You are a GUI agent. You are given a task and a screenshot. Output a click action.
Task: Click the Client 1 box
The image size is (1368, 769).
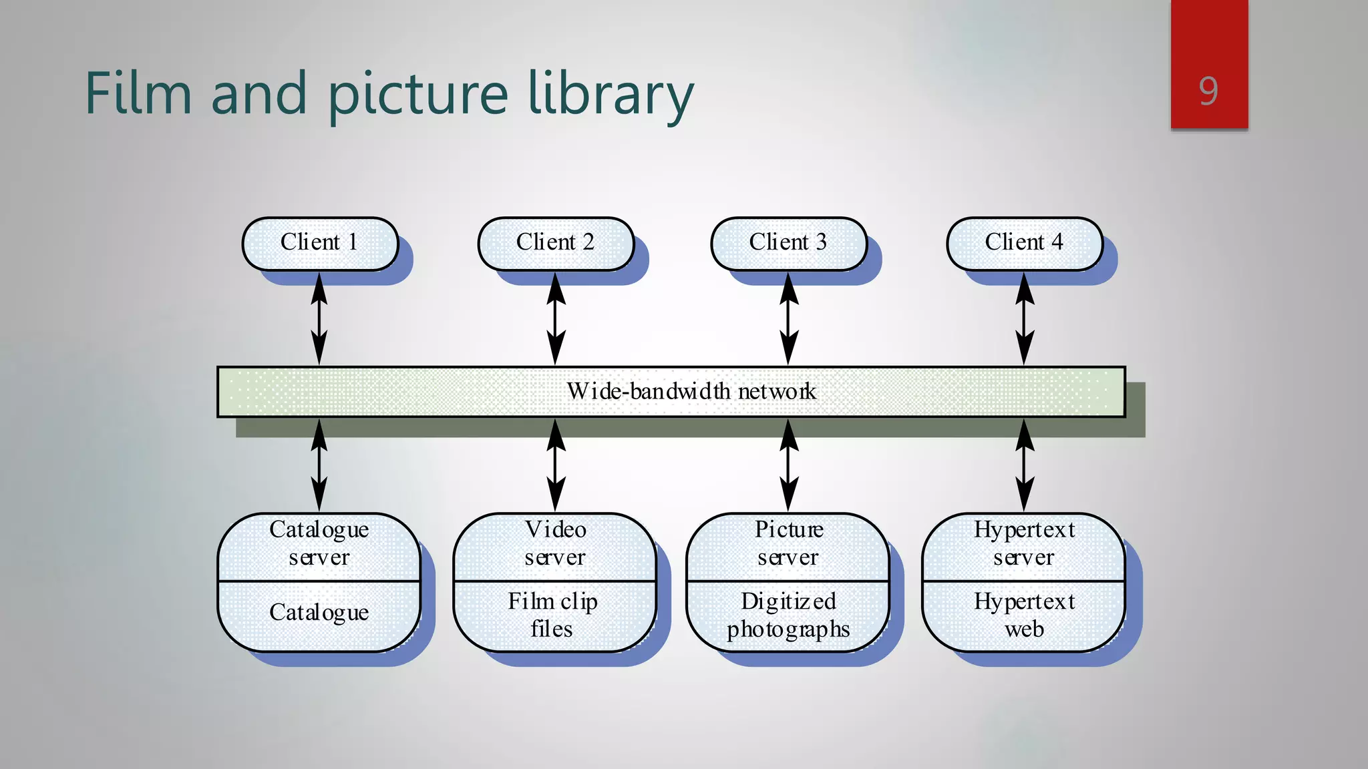pos(319,243)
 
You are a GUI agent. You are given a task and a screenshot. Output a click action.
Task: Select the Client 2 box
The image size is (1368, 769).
pos(555,243)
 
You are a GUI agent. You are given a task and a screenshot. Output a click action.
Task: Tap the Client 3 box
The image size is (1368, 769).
pos(788,243)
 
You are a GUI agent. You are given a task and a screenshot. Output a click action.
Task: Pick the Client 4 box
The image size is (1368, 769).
pos(1024,243)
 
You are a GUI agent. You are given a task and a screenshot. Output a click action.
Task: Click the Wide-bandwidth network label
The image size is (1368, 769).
pos(691,391)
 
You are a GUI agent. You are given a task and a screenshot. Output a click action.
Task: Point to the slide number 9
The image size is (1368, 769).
pos(1208,91)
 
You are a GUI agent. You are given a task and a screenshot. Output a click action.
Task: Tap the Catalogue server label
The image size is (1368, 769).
pos(319,543)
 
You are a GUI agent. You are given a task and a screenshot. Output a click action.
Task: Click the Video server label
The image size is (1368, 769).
pos(555,543)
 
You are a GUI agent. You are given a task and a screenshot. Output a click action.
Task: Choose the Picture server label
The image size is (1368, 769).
pos(788,543)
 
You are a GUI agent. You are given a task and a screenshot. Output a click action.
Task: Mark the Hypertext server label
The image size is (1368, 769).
pos(1024,543)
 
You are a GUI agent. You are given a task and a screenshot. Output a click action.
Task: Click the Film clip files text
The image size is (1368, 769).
pos(552,615)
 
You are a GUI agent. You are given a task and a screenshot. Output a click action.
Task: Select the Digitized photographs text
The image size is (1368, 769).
pos(788,615)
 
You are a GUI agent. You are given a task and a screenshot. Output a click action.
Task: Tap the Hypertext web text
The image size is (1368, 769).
pos(1024,615)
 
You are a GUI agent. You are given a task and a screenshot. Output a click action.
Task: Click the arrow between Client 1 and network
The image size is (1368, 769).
pos(319,319)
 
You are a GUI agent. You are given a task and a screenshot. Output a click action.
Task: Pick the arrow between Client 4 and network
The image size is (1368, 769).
pos(1024,319)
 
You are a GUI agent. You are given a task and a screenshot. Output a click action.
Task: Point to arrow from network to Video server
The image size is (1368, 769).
pos(555,465)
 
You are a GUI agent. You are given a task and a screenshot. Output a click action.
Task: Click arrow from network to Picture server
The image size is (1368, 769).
pos(789,465)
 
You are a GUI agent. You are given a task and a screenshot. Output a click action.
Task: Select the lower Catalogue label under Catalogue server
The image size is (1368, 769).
pos(319,612)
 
